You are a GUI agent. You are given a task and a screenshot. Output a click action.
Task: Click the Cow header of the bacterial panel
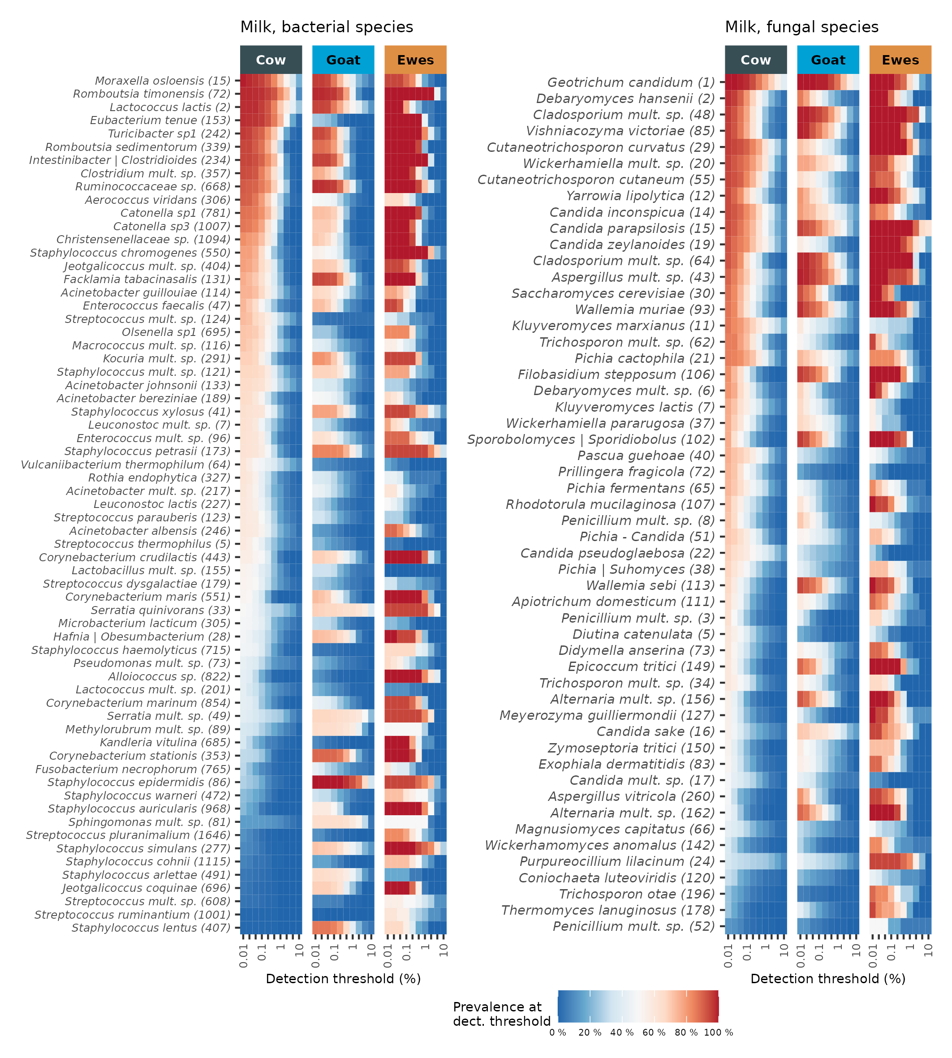tap(271, 60)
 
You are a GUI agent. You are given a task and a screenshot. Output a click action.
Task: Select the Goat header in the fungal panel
tap(827, 60)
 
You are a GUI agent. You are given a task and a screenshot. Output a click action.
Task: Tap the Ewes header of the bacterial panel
tap(415, 60)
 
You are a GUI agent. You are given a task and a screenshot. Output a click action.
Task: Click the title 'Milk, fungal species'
tap(801, 27)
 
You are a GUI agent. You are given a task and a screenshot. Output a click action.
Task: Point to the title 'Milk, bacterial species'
tap(327, 27)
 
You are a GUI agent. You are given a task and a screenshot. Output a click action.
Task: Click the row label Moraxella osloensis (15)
tap(163, 81)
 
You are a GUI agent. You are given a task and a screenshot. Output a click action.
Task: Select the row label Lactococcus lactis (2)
tap(170, 107)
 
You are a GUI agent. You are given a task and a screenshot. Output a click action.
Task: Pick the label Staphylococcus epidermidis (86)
tap(139, 783)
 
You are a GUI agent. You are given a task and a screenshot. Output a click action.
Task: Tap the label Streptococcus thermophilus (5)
tap(142, 544)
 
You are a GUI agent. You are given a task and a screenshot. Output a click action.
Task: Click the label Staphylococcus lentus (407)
tap(151, 928)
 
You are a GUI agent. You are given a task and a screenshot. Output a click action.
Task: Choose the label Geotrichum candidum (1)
tap(631, 82)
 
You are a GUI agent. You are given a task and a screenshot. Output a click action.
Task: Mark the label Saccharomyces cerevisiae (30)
tap(613, 293)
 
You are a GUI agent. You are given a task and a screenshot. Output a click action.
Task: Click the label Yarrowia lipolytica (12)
tap(640, 196)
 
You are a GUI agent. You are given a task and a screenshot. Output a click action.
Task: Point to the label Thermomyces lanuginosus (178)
tap(608, 911)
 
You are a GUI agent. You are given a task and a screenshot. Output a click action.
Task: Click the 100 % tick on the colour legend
tap(718, 1033)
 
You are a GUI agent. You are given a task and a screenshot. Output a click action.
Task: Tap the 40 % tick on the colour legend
tap(622, 1033)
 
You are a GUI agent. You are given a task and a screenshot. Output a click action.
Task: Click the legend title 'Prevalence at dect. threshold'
tap(501, 1014)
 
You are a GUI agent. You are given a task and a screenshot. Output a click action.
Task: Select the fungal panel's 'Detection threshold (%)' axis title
tap(827, 979)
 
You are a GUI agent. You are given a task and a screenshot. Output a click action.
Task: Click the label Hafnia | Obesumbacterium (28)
tap(142, 637)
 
